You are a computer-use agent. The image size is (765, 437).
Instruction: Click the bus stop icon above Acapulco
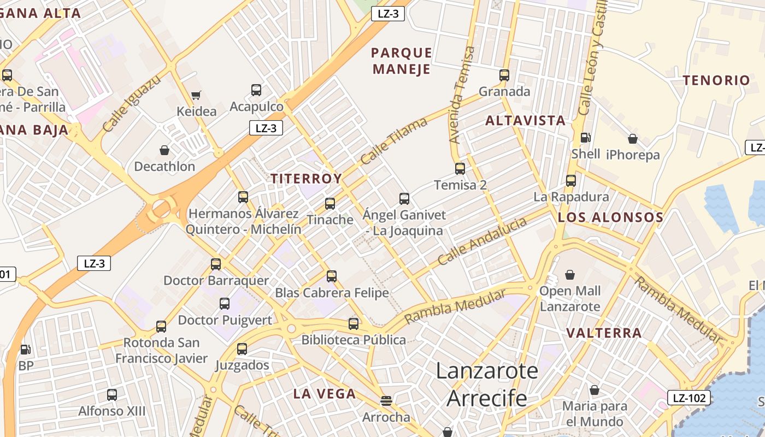click(256, 90)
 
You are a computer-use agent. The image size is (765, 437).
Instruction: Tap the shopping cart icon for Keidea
click(196, 96)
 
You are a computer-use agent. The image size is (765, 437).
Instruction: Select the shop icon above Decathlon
click(164, 150)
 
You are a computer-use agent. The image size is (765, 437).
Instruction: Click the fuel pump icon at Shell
click(585, 138)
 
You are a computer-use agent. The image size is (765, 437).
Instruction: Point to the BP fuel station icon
click(26, 350)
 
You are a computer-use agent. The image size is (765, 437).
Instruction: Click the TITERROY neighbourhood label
click(306, 179)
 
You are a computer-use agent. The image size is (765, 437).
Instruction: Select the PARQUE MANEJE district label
click(402, 61)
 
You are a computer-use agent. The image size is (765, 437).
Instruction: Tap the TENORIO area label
click(716, 80)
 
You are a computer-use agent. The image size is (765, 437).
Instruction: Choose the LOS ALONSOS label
click(610, 217)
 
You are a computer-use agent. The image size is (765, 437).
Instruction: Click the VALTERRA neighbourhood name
click(604, 333)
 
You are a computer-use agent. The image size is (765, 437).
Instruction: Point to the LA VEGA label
click(325, 393)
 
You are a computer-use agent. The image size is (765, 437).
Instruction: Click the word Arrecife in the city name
click(487, 399)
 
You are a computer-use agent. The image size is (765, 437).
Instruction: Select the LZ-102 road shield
click(688, 398)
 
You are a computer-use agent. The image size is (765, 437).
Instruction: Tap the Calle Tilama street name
click(393, 141)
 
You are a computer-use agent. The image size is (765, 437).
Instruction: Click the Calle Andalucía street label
click(482, 241)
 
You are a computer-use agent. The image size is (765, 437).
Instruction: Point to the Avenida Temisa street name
click(462, 95)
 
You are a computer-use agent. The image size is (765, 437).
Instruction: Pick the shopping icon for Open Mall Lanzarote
click(570, 274)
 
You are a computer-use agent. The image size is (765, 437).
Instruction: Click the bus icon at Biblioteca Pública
click(354, 323)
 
